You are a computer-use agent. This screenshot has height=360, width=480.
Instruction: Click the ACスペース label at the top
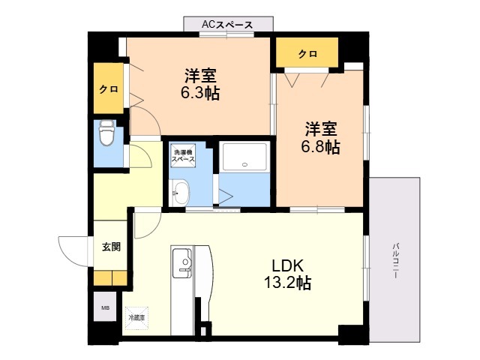click(227, 25)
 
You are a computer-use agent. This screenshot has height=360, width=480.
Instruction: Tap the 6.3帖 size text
click(200, 93)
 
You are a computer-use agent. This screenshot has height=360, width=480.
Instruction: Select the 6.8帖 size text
click(320, 147)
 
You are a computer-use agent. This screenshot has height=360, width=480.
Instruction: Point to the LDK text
click(288, 265)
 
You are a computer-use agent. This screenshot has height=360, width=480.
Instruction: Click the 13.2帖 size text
click(287, 283)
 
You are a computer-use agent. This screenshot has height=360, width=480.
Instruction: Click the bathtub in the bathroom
click(244, 157)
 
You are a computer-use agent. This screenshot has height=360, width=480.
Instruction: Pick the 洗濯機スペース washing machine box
click(183, 156)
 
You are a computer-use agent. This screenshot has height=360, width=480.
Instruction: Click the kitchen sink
click(182, 263)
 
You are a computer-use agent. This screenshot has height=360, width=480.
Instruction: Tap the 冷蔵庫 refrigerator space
click(136, 318)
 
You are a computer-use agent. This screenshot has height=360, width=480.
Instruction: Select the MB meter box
click(105, 307)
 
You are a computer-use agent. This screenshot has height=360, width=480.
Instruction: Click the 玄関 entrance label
click(111, 247)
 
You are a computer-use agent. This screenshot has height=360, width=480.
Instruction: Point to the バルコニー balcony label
click(396, 260)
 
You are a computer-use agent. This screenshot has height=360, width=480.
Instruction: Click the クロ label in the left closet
click(109, 89)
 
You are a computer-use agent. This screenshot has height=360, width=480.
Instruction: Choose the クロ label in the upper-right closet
click(307, 54)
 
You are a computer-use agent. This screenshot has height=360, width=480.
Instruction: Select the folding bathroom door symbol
click(226, 196)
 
